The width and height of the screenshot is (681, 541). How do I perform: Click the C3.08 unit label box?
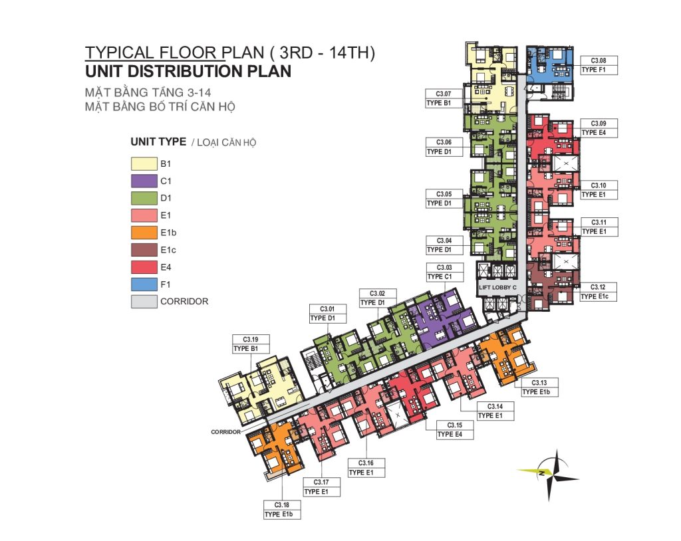coord(599,65)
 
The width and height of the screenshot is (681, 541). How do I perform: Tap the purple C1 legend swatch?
coord(144,181)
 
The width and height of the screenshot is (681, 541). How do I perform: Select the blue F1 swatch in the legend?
coord(144,284)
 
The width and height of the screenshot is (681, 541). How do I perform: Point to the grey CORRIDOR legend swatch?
coord(144,301)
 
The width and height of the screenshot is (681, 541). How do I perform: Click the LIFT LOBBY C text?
coord(497,287)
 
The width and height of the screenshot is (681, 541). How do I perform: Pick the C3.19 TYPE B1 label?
coord(251,344)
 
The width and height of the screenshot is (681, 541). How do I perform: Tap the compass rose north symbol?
coord(549,474)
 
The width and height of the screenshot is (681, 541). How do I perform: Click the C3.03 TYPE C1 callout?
coord(444,272)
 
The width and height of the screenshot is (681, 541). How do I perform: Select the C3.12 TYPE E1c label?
coord(598,292)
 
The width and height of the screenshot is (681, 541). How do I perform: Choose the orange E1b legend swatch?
coord(144,233)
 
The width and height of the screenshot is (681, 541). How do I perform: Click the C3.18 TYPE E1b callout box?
coord(282,509)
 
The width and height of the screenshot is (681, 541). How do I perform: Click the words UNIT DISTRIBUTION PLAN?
coord(188,71)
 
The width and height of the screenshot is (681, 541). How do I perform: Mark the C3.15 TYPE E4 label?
coord(455,430)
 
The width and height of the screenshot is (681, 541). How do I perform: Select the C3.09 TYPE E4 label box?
coord(599,128)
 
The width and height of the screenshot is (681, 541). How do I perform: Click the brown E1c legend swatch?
coord(144,250)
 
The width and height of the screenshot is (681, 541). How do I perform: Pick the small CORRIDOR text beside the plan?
coord(226,432)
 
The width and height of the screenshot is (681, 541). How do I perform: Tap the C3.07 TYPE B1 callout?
coord(444,98)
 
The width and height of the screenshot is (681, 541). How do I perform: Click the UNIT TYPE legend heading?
coord(158,142)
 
